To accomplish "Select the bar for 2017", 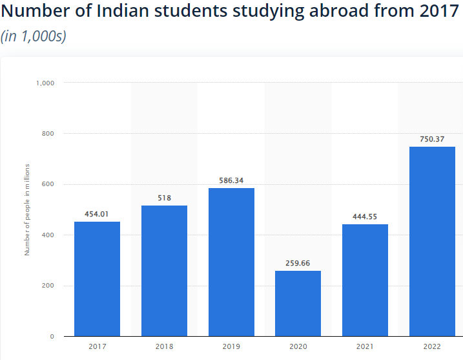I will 97,279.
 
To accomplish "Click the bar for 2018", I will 164,271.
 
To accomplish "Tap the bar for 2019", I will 231,262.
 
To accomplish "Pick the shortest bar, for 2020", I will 298,304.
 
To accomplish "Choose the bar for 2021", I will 365,281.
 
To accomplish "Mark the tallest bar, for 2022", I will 432,242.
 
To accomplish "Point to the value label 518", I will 164,198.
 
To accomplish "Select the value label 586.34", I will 231,180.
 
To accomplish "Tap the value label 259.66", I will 298,263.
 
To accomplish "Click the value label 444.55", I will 365,217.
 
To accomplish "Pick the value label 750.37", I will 432,139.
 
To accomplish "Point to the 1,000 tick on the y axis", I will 45,83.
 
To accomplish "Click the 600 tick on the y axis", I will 48,185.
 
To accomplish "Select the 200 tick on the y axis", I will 48,286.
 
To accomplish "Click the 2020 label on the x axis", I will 298,347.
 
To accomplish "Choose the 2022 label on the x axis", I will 432,347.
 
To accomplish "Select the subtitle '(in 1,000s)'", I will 34,36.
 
